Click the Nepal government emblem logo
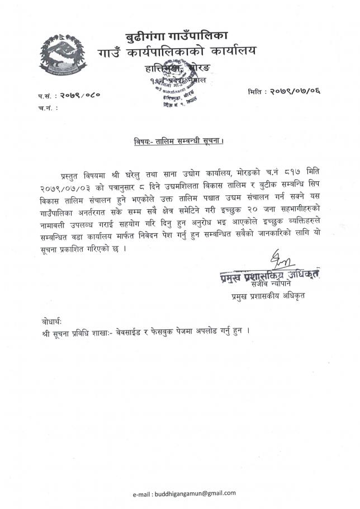tap(60, 56)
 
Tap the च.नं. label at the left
tap(47, 107)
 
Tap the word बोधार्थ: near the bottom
tap(52, 322)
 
